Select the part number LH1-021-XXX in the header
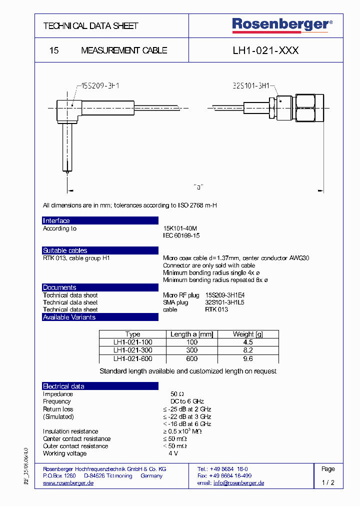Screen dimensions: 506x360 point(265,50)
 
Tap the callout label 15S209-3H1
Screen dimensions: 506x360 point(98,86)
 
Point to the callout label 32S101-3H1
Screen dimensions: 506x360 point(251,86)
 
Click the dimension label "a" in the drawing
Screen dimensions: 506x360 point(198,187)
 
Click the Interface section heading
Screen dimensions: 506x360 point(56,221)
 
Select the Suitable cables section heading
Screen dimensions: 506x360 point(65,250)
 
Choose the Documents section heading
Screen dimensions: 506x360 point(59,287)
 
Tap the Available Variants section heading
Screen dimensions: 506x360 point(69,317)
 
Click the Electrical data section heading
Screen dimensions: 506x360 point(63,386)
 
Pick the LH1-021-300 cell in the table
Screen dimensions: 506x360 point(132,350)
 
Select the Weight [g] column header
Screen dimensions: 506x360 point(247,334)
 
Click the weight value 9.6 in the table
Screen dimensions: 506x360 point(247,358)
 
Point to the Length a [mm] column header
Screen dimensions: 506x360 point(191,334)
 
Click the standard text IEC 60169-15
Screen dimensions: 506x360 point(181,235)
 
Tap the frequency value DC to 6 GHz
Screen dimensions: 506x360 point(187,401)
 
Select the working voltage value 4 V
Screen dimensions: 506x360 point(173,453)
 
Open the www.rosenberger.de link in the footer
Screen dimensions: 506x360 point(68,483)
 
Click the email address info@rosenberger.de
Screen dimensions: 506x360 point(238,483)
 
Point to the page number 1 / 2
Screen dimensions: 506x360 point(328,483)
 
